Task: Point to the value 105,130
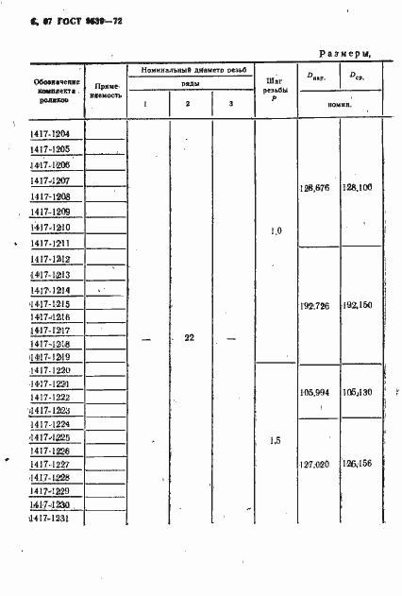tap(358, 390)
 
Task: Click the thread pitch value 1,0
tap(275, 230)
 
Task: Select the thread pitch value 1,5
tap(275, 441)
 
